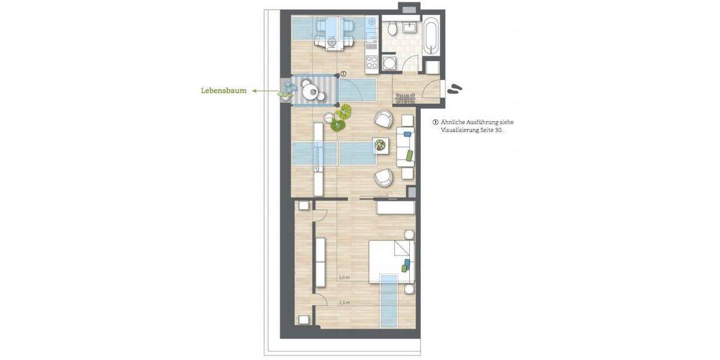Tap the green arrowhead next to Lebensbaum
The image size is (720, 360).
point(254,91)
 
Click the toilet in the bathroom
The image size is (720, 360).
point(392,28)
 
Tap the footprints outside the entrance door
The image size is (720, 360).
point(454,89)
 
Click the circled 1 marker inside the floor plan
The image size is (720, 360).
point(343,74)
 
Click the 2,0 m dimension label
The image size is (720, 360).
point(344,278)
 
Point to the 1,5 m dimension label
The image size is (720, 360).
point(344,302)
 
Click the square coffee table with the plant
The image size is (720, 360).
point(380,145)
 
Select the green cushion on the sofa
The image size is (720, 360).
point(409,155)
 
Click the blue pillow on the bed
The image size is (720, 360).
point(409,263)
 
